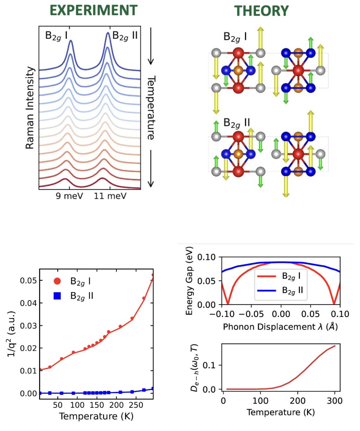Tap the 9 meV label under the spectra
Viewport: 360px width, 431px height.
click(x=69, y=196)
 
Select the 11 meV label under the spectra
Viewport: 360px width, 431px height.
click(x=110, y=196)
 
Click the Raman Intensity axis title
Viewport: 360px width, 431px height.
click(x=30, y=108)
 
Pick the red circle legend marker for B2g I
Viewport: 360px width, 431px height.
click(x=57, y=281)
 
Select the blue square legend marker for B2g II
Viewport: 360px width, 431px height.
click(x=57, y=296)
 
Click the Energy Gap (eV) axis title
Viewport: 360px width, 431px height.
click(x=189, y=281)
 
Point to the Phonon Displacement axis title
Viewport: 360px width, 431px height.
click(x=280, y=327)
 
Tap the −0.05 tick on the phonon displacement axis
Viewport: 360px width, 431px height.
click(x=252, y=314)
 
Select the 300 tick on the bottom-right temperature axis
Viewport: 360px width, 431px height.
click(x=335, y=401)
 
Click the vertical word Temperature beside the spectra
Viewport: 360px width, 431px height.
click(x=151, y=108)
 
